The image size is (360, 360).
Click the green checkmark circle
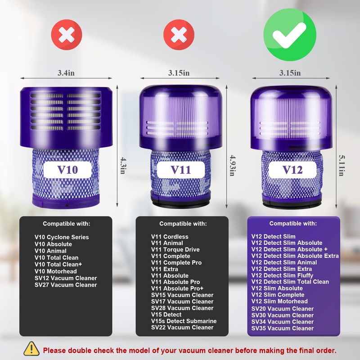pyautogui.click(x=290, y=35)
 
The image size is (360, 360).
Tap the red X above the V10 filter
pyautogui.click(x=67, y=35)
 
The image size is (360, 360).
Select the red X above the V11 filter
pyautogui.click(x=179, y=35)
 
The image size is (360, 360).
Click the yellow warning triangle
pyautogui.click(x=31, y=349)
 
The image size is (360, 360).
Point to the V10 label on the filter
pyautogui.click(x=67, y=170)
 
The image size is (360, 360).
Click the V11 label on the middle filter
pyautogui.click(x=181, y=170)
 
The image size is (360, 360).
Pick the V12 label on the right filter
pyautogui.click(x=292, y=170)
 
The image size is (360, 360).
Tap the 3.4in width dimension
pyautogui.click(x=66, y=73)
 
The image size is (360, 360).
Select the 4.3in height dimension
pyautogui.click(x=123, y=166)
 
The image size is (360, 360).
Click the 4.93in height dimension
pyautogui.click(x=233, y=165)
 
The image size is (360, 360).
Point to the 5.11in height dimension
pyautogui.click(x=342, y=165)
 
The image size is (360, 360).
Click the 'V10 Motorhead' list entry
pyautogui.click(x=55, y=271)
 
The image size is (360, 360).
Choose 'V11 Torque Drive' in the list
pyautogui.click(x=175, y=250)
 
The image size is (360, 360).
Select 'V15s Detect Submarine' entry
pyautogui.click(x=184, y=321)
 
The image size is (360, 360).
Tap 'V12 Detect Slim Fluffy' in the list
pyautogui.click(x=282, y=275)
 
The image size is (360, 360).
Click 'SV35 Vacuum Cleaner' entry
pyautogui.click(x=283, y=328)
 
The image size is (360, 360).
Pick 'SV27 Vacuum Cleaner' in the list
pyautogui.click(x=66, y=285)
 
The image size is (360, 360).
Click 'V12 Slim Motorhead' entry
pyautogui.click(x=279, y=301)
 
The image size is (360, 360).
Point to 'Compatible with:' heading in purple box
pyautogui.click(x=293, y=223)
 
